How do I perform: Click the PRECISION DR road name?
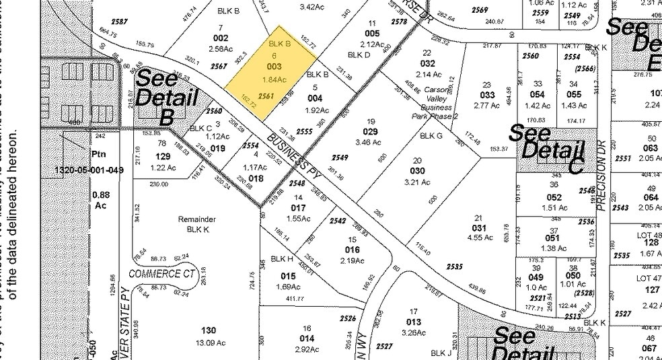(601, 178)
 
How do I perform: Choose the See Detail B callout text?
(160, 97)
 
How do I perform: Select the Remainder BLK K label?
(196, 224)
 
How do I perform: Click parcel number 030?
(417, 171)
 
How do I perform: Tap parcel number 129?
(161, 156)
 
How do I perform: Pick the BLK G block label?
(431, 135)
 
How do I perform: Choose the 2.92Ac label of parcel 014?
(307, 349)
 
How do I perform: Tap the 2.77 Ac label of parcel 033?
(486, 106)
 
